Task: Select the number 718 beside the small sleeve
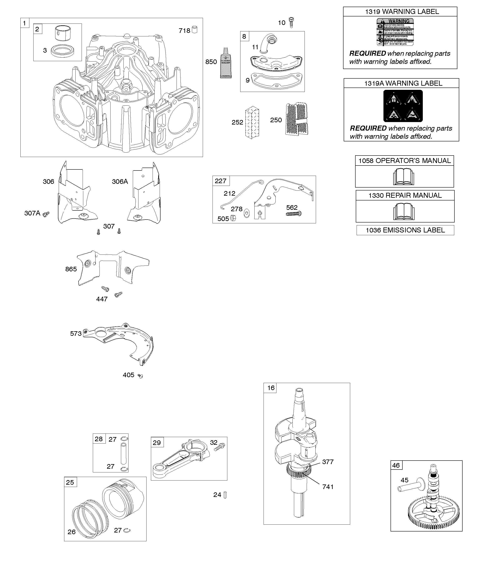[x=184, y=31]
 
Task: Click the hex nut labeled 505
[x=233, y=219]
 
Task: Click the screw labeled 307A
[x=46, y=214]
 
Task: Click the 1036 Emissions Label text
[x=405, y=230]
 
